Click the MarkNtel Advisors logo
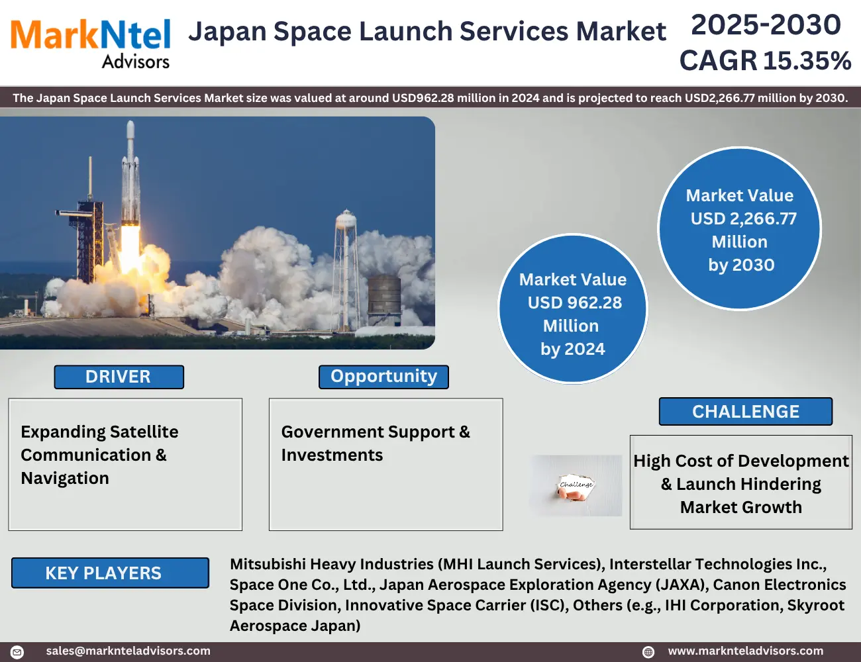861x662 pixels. (90, 44)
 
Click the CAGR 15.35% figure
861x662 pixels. (765, 61)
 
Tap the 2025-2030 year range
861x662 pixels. (766, 24)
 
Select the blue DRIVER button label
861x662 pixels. (119, 377)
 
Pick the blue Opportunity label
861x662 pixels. (383, 377)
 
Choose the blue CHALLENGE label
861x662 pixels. (745, 412)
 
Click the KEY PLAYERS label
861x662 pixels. (110, 573)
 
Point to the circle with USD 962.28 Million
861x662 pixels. (572, 309)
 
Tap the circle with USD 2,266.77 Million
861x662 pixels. (739, 229)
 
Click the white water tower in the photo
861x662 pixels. (346, 269)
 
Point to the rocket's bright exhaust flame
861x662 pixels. (130, 248)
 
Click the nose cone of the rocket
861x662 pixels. (130, 128)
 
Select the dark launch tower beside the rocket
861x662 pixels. (90, 238)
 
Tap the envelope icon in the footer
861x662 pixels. (17, 651)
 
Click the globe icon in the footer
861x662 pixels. (648, 651)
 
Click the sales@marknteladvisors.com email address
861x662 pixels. (128, 651)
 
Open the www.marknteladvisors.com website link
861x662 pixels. (745, 651)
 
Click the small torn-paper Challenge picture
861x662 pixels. (576, 485)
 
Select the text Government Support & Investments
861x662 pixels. (376, 444)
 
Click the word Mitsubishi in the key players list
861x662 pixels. (268, 565)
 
